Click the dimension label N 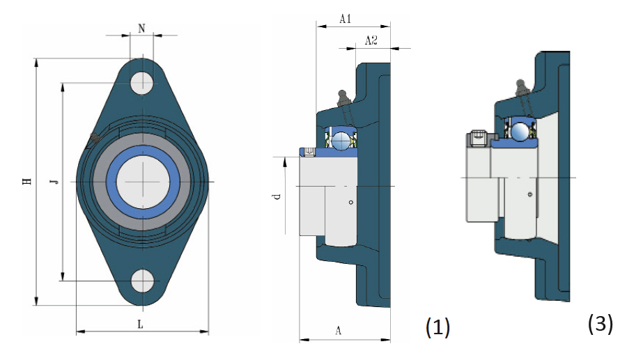click(141, 29)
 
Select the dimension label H click(27, 182)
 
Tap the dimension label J click(54, 182)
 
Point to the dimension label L click(141, 324)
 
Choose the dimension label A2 click(371, 41)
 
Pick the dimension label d click(277, 197)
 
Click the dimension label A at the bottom click(338, 331)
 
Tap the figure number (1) click(438, 327)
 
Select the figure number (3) click(601, 323)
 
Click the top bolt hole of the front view click(142, 82)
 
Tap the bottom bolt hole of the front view click(143, 280)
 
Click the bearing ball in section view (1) click(341, 141)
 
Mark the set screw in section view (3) click(478, 139)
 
